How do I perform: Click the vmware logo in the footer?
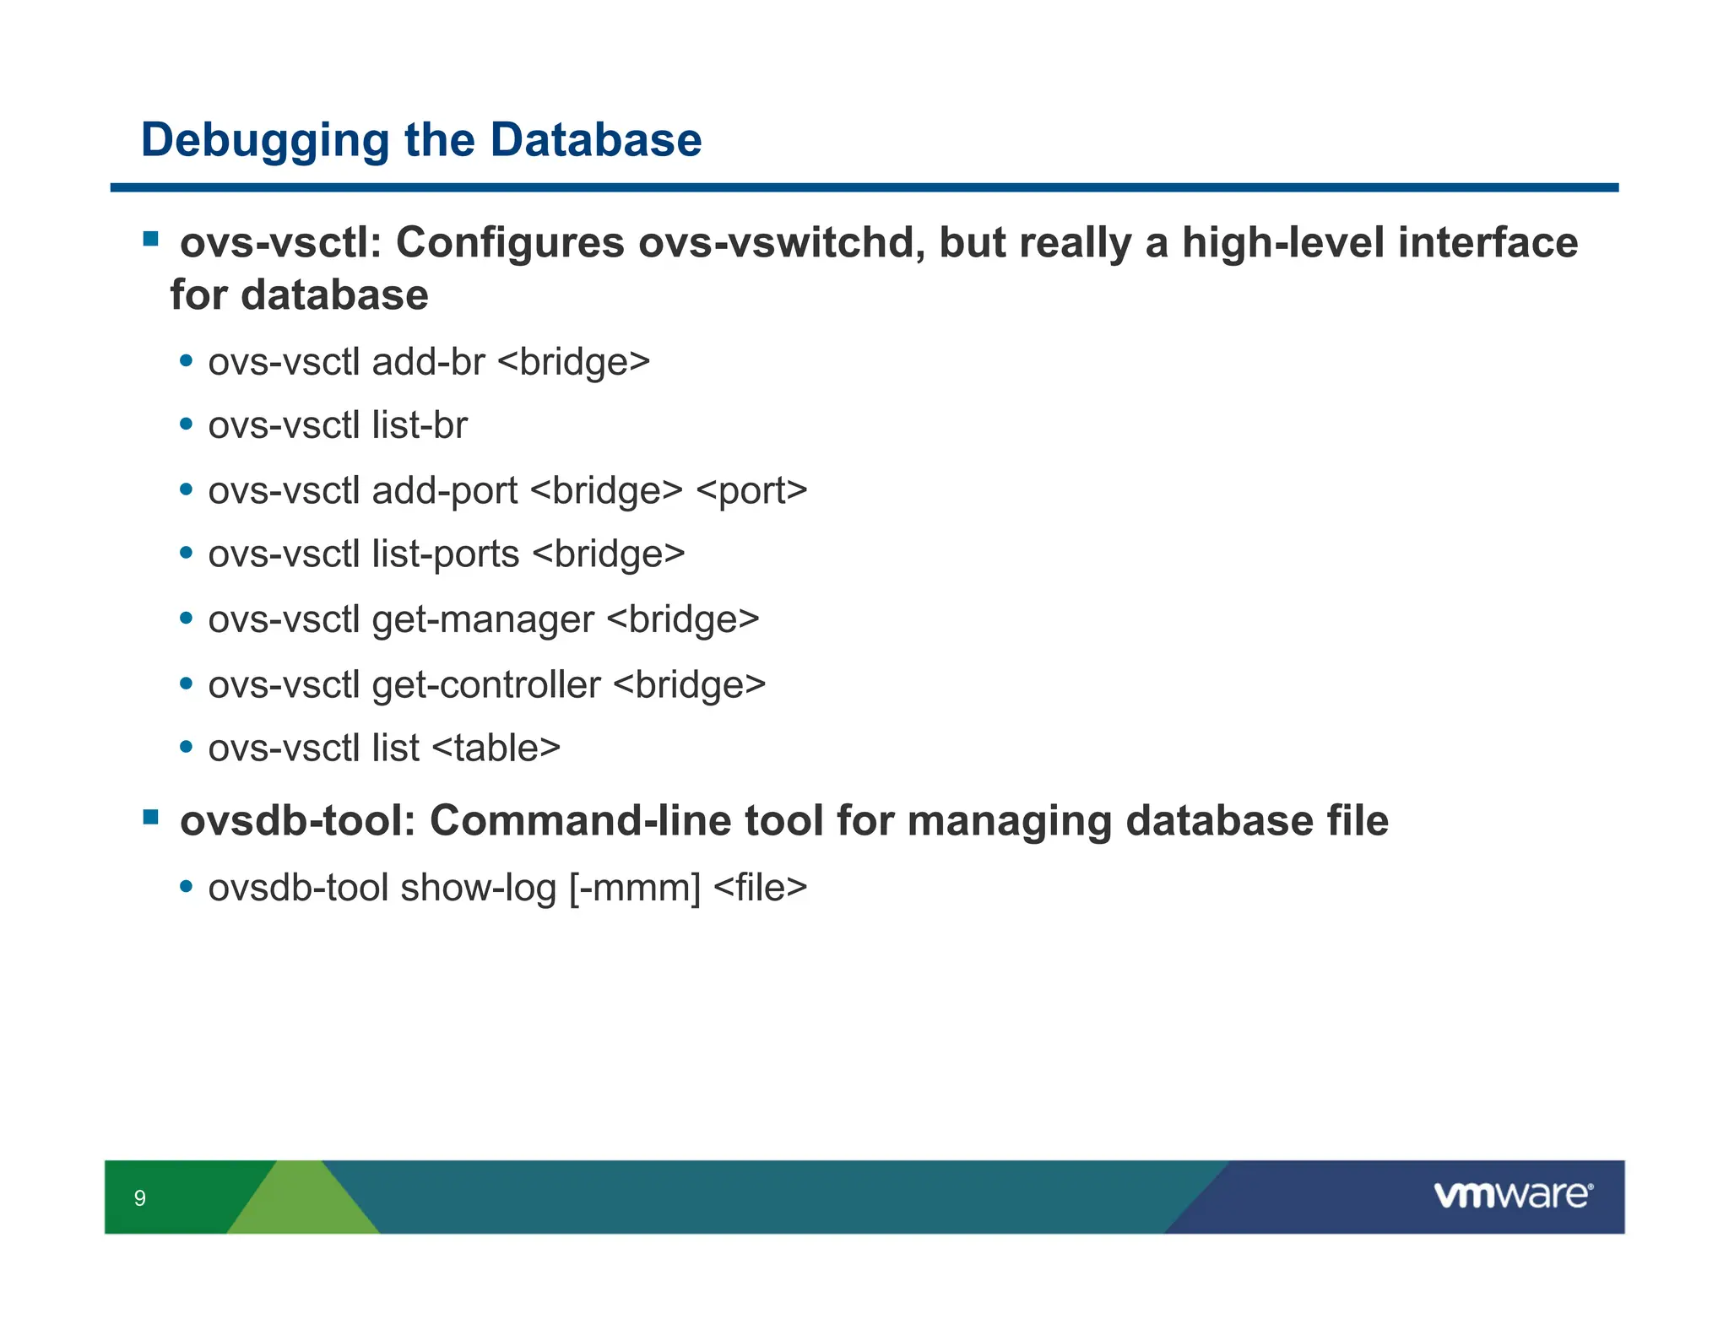[1512, 1195]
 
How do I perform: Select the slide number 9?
[140, 1197]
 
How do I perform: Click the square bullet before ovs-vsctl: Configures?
[151, 240]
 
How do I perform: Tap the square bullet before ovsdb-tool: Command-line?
[151, 817]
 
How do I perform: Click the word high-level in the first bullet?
[1282, 243]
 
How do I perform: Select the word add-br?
[428, 363]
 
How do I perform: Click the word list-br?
[419, 425]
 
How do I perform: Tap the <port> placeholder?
[751, 491]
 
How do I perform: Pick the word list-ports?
[445, 554]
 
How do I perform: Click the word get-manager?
[483, 620]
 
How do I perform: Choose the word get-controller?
[486, 684]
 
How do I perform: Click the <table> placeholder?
[496, 749]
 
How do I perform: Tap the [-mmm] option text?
[635, 888]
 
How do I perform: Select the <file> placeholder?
[760, 888]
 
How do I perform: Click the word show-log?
[478, 888]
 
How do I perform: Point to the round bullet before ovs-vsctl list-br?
[187, 424]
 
